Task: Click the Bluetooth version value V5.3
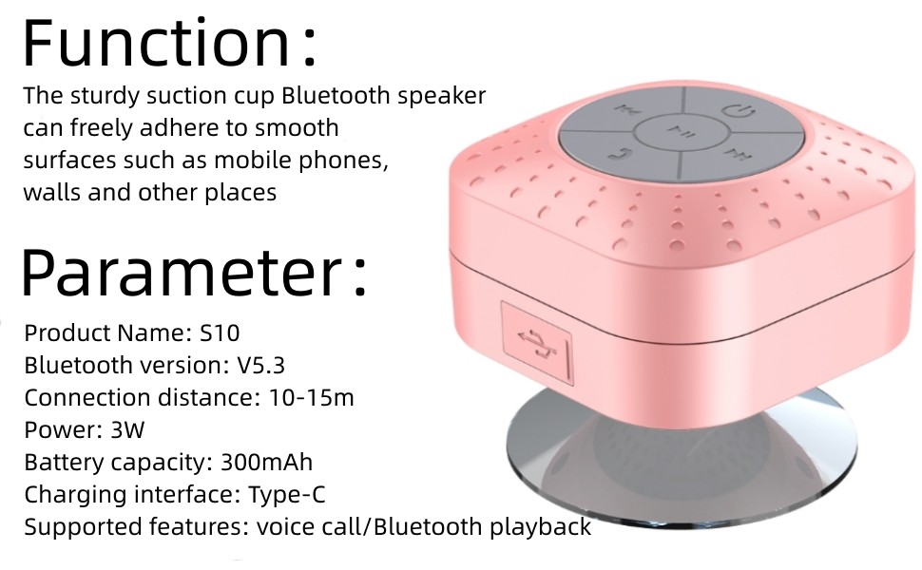[x=259, y=366]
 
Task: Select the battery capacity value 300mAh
[x=266, y=463]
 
